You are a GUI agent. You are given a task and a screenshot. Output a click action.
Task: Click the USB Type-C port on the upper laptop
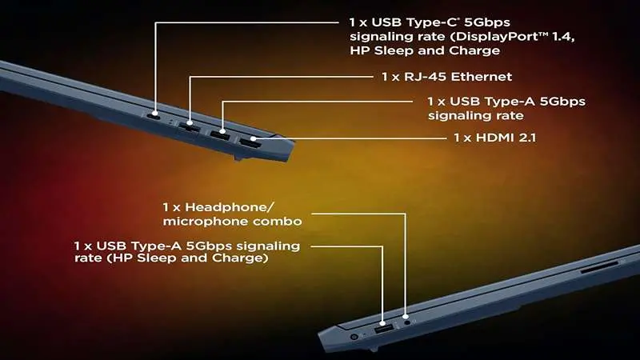coord(155,114)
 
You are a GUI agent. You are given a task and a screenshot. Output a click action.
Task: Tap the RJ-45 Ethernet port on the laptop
coord(190,126)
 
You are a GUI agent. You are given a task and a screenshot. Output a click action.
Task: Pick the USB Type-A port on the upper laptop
coord(219,134)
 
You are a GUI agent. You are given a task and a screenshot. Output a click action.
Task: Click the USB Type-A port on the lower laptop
coord(382,329)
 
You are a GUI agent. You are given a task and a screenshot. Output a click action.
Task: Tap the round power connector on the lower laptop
coord(354,337)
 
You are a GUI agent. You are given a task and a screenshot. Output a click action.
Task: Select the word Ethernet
coord(480,77)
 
